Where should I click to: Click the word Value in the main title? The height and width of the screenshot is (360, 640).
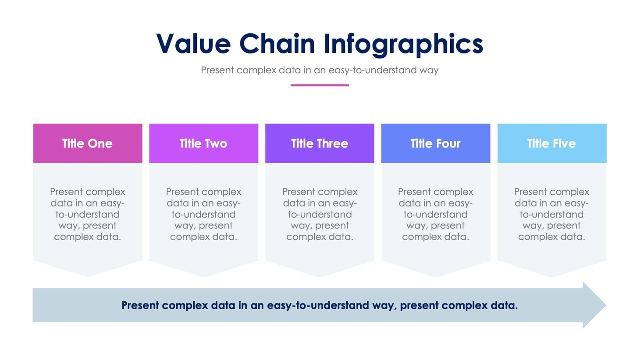(193, 44)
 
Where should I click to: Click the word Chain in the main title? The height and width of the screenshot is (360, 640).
(277, 44)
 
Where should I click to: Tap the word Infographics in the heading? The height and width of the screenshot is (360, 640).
(403, 45)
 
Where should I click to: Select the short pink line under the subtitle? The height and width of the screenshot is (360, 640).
(320, 85)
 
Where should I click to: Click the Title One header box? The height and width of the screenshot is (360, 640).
(88, 143)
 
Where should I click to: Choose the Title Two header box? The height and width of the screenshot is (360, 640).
(203, 143)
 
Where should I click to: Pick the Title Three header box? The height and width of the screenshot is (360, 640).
(320, 143)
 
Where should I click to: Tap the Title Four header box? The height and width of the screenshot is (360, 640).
(435, 143)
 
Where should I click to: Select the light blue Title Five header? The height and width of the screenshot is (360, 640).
(551, 143)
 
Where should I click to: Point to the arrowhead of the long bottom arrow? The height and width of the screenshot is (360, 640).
(594, 305)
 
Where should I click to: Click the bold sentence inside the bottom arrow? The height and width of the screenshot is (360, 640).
(320, 305)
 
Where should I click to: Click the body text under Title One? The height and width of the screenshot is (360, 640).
(88, 214)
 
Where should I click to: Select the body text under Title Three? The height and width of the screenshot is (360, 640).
(320, 214)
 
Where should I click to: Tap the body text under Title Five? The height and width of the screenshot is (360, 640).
(551, 214)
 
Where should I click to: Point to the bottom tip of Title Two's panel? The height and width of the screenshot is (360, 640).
(203, 275)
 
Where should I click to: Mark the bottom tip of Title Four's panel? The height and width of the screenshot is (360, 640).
(435, 275)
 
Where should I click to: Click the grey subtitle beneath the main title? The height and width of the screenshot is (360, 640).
(320, 70)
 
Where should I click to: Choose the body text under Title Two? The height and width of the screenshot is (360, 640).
(203, 214)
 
